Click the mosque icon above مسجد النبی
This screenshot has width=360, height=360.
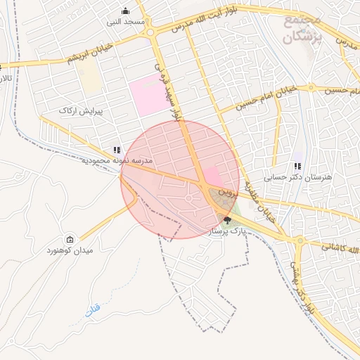(126, 11)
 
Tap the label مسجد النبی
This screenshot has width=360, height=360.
(126, 22)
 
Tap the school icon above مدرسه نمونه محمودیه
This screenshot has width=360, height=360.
(117, 150)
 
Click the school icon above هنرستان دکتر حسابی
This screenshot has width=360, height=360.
(298, 166)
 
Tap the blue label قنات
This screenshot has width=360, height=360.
(94, 309)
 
